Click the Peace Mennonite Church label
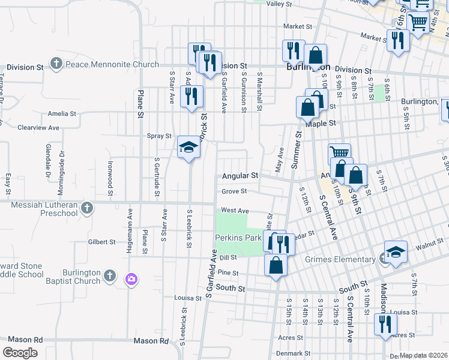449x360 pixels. (x=112, y=64)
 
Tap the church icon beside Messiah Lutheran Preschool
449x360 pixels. (x=87, y=208)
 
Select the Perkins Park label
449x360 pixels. (x=238, y=238)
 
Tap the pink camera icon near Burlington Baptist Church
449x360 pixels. (x=131, y=279)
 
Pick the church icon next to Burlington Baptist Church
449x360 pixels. (x=109, y=275)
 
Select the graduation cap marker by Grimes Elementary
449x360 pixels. (x=396, y=252)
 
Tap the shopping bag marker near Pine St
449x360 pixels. (x=276, y=265)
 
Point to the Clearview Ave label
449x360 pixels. (x=38, y=128)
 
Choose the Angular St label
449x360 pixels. (x=240, y=176)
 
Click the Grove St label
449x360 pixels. (x=234, y=191)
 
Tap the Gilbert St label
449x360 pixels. (x=101, y=242)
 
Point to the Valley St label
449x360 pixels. (x=279, y=4)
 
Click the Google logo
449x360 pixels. (x=20, y=353)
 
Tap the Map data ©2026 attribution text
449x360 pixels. (x=423, y=355)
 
